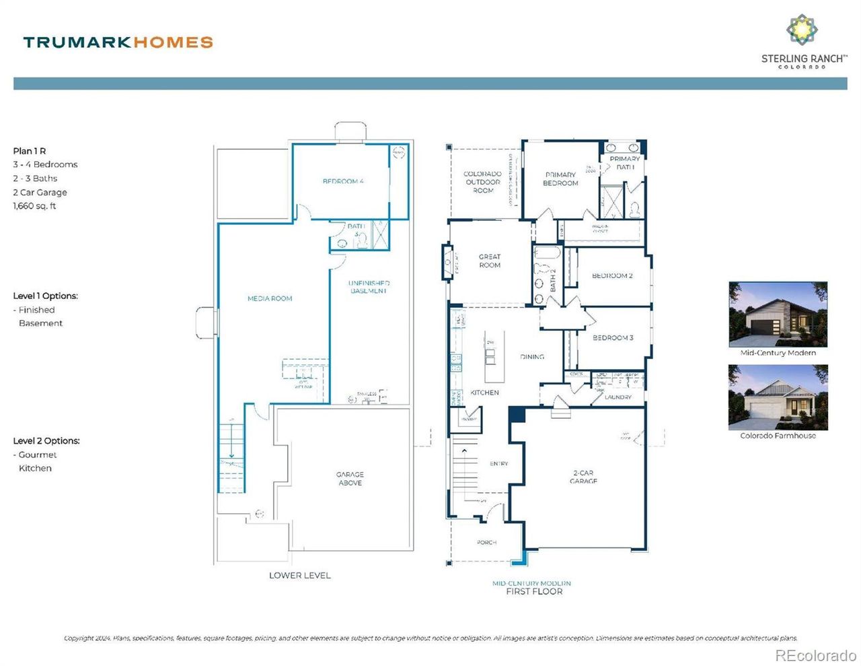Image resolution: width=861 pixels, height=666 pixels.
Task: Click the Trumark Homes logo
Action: [x=118, y=42]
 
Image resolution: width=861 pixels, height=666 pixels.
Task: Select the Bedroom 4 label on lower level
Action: [x=343, y=181]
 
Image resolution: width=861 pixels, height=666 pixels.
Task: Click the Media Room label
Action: [x=270, y=298]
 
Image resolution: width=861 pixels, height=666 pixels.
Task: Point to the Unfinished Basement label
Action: [x=369, y=287]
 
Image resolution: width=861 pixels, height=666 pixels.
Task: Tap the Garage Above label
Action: [x=350, y=479]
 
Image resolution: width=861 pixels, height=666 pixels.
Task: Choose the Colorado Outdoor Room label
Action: [x=482, y=182]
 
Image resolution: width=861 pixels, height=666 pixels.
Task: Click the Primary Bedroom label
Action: [x=560, y=178]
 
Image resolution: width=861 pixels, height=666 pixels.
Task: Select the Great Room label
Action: [x=490, y=261]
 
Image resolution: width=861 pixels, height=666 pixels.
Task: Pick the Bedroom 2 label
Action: [x=612, y=275]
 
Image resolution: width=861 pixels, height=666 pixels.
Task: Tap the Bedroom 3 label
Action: [x=613, y=337]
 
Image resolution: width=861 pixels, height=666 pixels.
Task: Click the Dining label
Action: [x=532, y=357]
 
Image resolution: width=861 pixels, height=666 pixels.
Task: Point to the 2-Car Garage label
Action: [x=583, y=477]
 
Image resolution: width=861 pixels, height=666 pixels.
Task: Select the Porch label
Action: [x=486, y=542]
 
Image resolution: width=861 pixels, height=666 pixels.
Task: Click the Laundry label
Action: [x=617, y=397]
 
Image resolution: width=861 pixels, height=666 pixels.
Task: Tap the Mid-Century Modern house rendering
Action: [x=778, y=314]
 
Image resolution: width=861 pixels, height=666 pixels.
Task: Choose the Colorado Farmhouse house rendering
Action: [x=778, y=397]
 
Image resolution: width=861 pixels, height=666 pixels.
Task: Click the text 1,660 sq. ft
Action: [x=34, y=206]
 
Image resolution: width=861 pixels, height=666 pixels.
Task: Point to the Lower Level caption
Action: [x=299, y=575]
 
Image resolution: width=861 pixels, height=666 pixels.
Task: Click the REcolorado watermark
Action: [x=815, y=655]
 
